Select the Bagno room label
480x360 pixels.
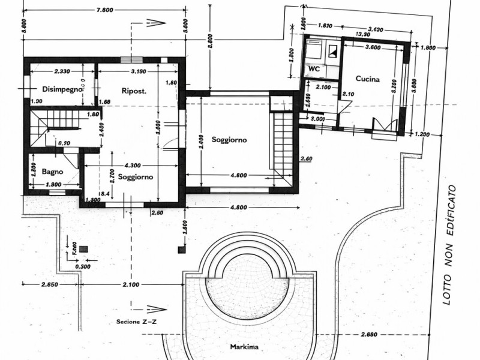coord(53,172)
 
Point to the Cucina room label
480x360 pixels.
coord(367,79)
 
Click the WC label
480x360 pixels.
coord(314,69)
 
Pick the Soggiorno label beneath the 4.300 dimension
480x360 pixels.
coord(135,177)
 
